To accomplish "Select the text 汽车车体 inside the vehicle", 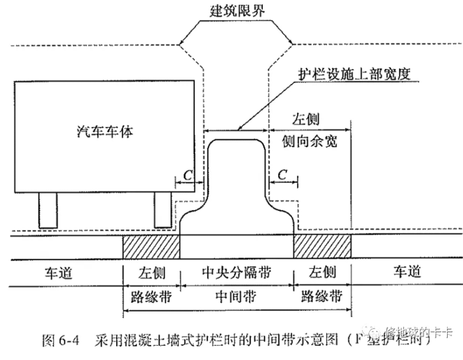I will [105, 131].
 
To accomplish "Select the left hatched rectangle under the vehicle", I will [151, 246].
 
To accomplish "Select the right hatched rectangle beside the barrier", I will [322, 246].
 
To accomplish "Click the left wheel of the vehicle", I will [47, 210].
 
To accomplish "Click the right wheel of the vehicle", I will [162, 210].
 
